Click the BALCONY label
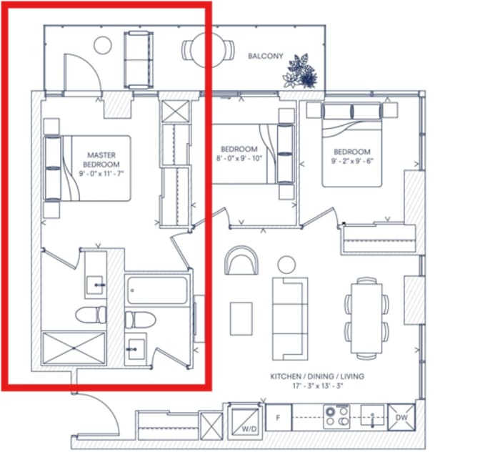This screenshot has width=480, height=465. click(266, 56)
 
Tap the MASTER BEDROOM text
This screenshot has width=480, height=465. click(101, 160)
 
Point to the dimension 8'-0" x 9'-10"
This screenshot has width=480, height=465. click(239, 159)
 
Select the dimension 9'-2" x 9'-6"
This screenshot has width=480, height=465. click(352, 161)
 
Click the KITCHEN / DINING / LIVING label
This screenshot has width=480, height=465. click(317, 376)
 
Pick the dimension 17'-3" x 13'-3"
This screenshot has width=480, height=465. click(317, 386)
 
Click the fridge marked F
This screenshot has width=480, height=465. click(279, 418)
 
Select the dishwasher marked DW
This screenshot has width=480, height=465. click(401, 418)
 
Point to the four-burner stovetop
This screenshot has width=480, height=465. click(336, 416)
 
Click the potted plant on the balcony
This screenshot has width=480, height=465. click(300, 72)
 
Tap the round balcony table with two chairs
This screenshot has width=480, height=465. click(208, 50)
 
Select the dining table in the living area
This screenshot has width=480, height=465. click(366, 318)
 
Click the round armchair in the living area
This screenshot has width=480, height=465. click(241, 260)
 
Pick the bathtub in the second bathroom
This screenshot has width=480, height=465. click(157, 290)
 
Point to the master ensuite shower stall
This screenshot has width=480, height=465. click(74, 348)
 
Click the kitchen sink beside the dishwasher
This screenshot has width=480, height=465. click(372, 416)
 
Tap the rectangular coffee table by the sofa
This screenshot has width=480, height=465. click(241, 318)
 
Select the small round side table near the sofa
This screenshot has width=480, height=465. click(286, 264)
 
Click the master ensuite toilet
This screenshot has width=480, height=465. click(91, 315)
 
